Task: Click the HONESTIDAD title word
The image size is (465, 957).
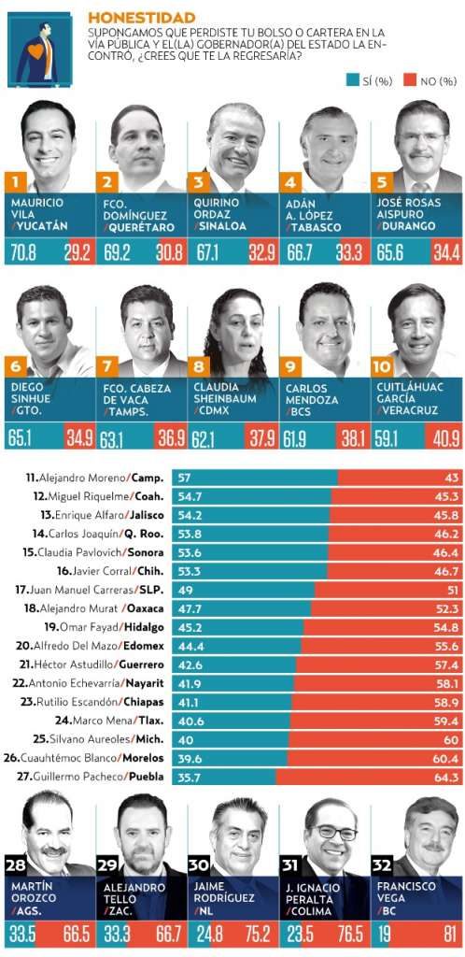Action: pyautogui.click(x=141, y=18)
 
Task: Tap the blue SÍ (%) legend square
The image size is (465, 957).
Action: pyautogui.click(x=352, y=80)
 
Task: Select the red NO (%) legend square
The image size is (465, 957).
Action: pyautogui.click(x=410, y=80)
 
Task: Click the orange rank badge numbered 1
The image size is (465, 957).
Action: pyautogui.click(x=17, y=180)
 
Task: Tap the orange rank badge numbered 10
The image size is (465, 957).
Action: pyautogui.click(x=382, y=366)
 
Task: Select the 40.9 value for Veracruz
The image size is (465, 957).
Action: pyautogui.click(x=444, y=438)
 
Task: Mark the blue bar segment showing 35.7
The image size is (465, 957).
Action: pyautogui.click(x=224, y=777)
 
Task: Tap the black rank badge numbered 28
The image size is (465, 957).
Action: pyautogui.click(x=16, y=866)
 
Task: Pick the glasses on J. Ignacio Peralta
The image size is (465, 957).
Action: pyautogui.click(x=331, y=833)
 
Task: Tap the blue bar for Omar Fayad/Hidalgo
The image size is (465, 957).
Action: pyautogui.click(x=238, y=627)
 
